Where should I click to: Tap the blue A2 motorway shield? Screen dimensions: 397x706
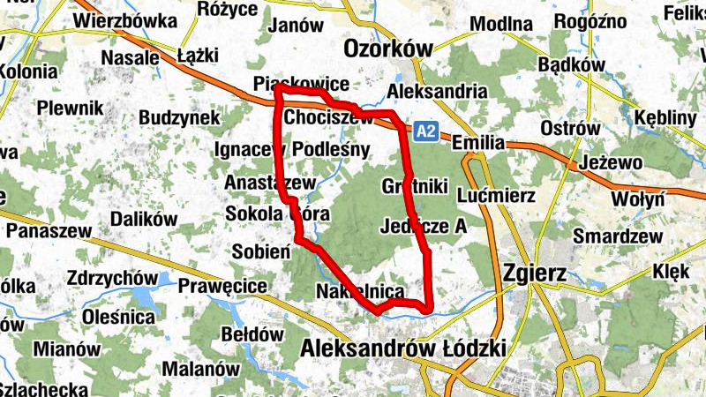(426, 131)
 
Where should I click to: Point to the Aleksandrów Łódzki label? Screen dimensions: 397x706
(402, 348)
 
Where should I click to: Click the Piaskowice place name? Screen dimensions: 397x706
(301, 84)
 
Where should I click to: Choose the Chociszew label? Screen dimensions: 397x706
(329, 116)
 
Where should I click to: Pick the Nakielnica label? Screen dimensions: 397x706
(359, 292)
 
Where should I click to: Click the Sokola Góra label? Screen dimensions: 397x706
(278, 213)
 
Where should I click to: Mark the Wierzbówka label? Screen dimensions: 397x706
(122, 20)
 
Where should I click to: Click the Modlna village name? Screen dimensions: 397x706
(501, 24)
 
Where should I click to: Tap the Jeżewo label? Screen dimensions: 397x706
(612, 163)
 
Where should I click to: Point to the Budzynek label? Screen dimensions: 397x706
(179, 117)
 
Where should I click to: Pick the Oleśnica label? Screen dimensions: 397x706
(118, 316)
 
